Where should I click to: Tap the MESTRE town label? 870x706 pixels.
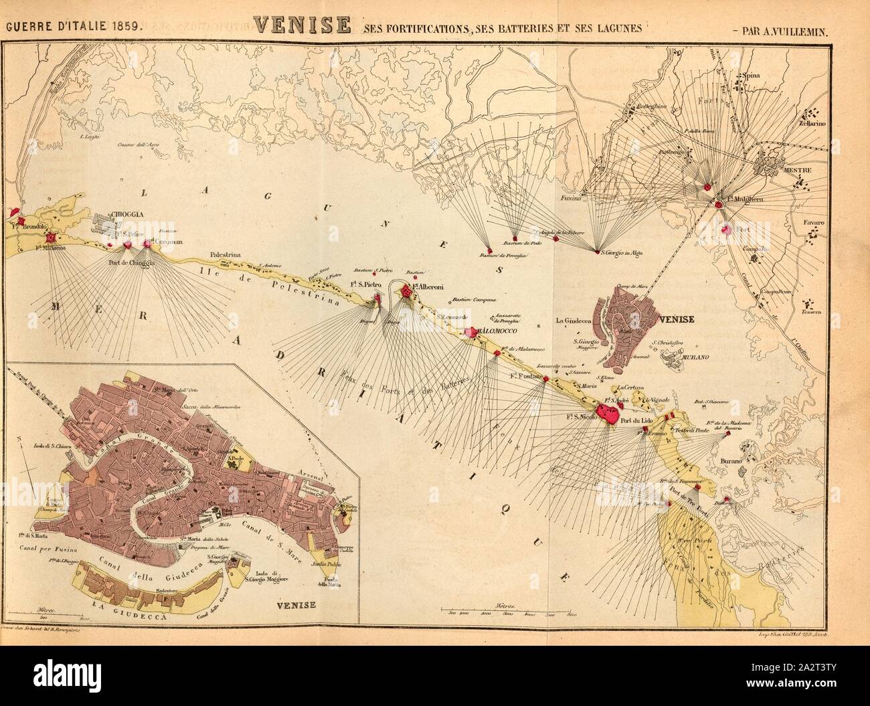[x=796, y=170]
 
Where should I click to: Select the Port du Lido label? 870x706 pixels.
[x=635, y=421]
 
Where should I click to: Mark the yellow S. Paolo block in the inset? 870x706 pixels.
[x=235, y=460]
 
